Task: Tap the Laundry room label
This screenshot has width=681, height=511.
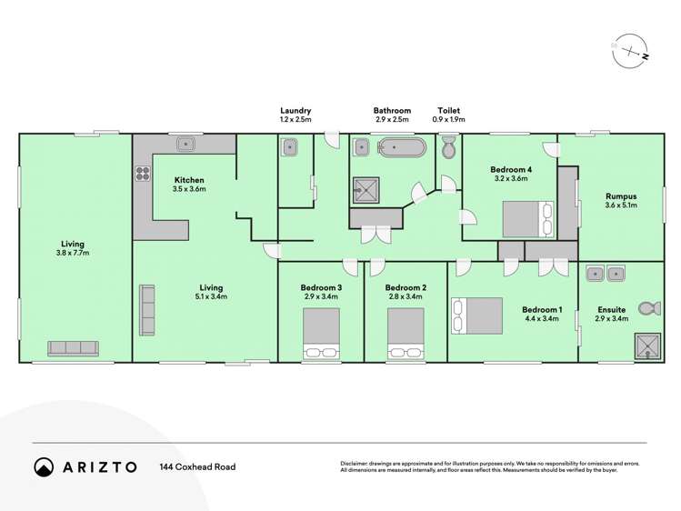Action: (x=295, y=111)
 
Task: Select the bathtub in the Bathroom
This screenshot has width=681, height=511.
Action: (x=400, y=147)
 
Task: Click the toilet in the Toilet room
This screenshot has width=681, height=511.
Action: (x=448, y=148)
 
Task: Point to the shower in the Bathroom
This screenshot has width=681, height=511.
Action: (x=367, y=188)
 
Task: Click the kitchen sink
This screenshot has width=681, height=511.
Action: (x=188, y=143)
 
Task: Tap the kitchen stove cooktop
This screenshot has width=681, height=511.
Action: (x=143, y=172)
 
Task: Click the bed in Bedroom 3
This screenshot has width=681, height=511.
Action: (x=321, y=334)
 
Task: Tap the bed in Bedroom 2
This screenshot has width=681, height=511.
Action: (x=406, y=334)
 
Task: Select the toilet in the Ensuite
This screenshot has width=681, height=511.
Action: (x=648, y=310)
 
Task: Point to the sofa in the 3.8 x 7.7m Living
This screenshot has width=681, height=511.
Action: (x=72, y=348)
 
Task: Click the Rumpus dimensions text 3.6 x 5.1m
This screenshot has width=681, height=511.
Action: (x=621, y=206)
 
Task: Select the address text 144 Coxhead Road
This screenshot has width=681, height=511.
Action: (x=197, y=466)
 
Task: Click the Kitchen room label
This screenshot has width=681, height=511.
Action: (x=189, y=180)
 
